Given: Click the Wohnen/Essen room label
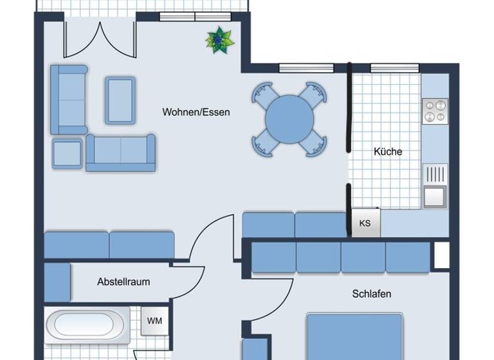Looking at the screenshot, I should click(196, 112).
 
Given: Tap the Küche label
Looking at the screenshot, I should click(388, 152).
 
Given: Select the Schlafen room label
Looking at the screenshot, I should click(372, 294).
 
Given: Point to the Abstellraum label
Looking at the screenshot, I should click(123, 282).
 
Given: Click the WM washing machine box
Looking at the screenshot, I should click(154, 320).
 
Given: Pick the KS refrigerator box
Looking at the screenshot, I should click(365, 224).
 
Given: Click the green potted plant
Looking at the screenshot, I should click(219, 40).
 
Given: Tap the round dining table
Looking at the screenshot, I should click(289, 119).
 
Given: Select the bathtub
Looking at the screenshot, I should click(86, 326).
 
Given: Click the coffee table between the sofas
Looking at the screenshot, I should click(120, 100).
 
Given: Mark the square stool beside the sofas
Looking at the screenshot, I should click(67, 154).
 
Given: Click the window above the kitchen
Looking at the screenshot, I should click(394, 67).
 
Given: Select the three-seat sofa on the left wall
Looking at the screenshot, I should click(69, 99).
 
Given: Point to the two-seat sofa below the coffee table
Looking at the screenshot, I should click(121, 152).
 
